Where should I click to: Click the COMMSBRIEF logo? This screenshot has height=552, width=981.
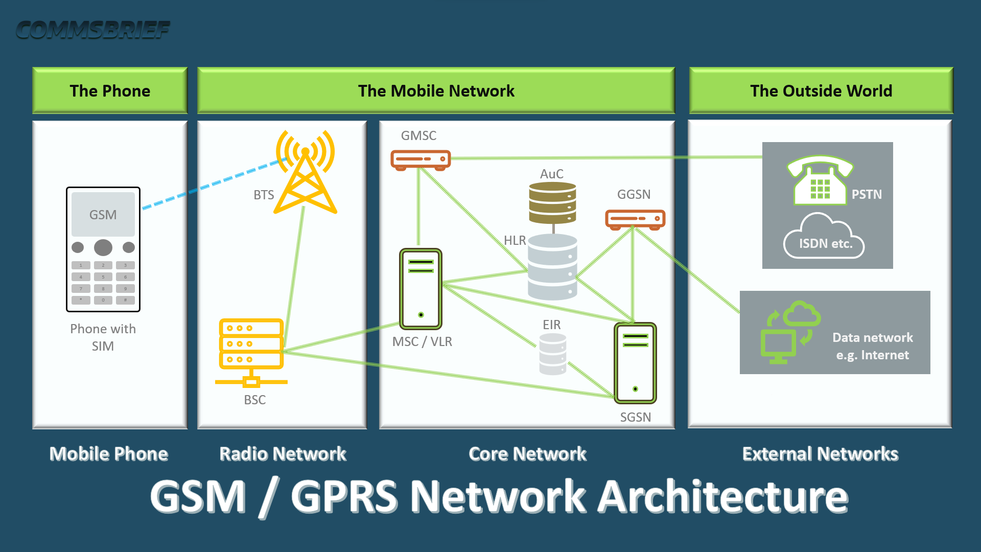pyautogui.click(x=92, y=30)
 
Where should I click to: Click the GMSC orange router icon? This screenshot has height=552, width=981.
pyautogui.click(x=421, y=159)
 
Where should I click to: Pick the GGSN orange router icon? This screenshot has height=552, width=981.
pyautogui.click(x=635, y=219)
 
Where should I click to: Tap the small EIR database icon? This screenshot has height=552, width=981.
pyautogui.click(x=552, y=354)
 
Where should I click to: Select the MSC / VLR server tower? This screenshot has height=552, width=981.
pyautogui.click(x=421, y=289)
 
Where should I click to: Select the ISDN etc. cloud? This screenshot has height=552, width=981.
pyautogui.click(x=824, y=238)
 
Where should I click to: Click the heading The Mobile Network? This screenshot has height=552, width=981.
pyautogui.click(x=436, y=91)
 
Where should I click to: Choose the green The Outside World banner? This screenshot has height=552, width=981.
pyautogui.click(x=821, y=91)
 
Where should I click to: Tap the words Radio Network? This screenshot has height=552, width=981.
pyautogui.click(x=283, y=454)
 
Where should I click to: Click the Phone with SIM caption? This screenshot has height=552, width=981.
pyautogui.click(x=103, y=337)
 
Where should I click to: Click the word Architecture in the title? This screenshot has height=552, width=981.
pyautogui.click(x=722, y=497)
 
